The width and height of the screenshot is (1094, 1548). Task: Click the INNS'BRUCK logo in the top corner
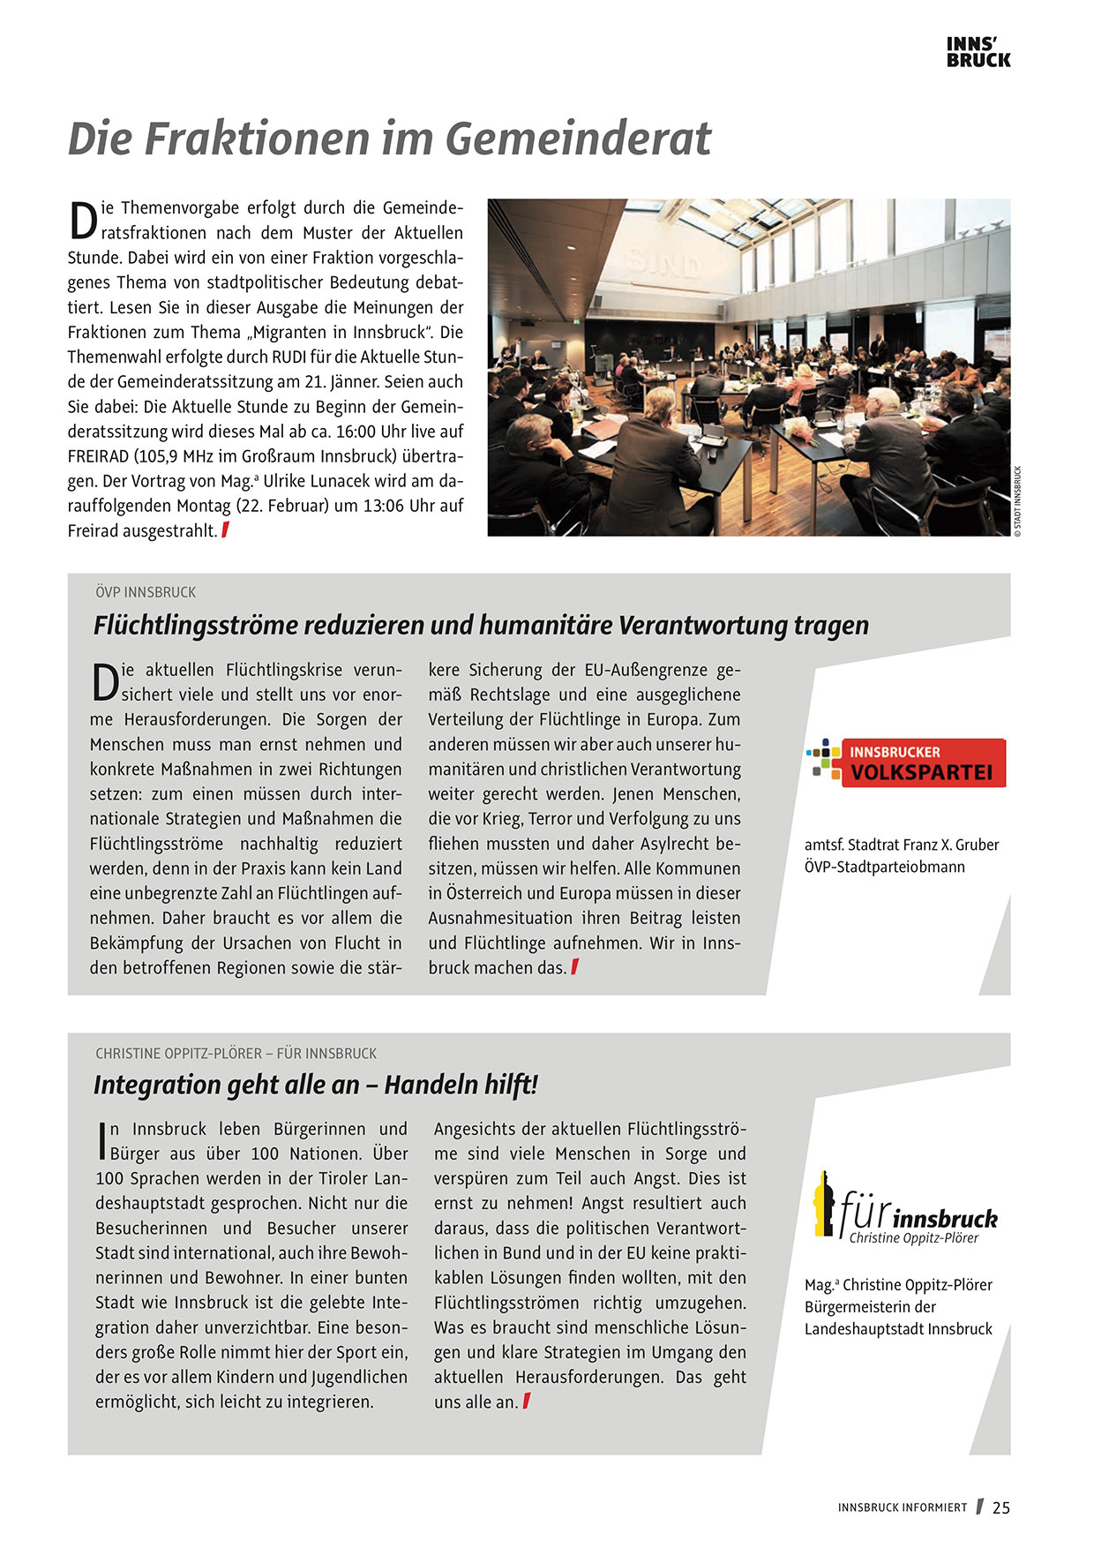(x=978, y=52)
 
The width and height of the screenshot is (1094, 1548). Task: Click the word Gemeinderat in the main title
(x=578, y=139)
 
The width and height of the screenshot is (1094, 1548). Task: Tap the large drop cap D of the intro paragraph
(x=82, y=221)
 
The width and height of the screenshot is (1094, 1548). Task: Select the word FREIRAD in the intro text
(x=98, y=456)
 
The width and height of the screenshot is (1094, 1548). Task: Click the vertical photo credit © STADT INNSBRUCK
(x=1017, y=500)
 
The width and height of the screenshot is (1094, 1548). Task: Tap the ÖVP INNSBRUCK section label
(x=146, y=592)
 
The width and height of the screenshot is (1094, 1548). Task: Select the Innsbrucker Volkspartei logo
(x=906, y=763)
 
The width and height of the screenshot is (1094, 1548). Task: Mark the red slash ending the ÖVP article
(x=575, y=967)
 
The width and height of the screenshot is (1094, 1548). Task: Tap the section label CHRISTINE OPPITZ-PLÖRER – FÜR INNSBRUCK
(x=236, y=1053)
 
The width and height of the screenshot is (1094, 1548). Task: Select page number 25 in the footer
(x=1000, y=1507)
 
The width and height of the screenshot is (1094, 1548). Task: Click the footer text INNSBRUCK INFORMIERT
(x=902, y=1507)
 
